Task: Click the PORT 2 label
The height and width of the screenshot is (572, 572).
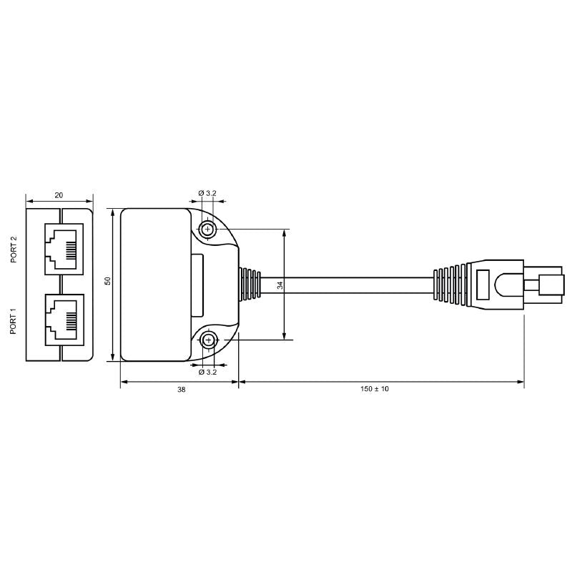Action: pos(14,249)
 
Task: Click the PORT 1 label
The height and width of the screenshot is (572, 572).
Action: pos(14,322)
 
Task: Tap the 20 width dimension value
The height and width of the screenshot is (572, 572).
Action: pos(59,194)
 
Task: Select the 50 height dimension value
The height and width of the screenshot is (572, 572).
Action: pos(108,281)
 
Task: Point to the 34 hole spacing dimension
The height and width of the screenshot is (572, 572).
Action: pos(280,285)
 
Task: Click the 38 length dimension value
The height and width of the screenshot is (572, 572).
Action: pos(181,390)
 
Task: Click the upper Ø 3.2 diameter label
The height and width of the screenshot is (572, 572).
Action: pos(207,194)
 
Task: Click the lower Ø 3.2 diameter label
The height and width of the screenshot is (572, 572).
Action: pos(207,372)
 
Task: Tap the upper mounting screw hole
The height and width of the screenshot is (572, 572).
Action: pos(208,230)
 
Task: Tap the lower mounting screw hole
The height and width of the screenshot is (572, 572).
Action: pos(208,340)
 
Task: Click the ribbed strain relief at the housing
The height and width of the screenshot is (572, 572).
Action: pos(250,285)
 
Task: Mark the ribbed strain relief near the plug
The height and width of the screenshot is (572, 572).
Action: pos(450,285)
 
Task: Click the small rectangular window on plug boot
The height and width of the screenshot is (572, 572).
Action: pos(483,285)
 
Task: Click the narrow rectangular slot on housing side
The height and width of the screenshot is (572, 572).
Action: pos(197,285)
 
